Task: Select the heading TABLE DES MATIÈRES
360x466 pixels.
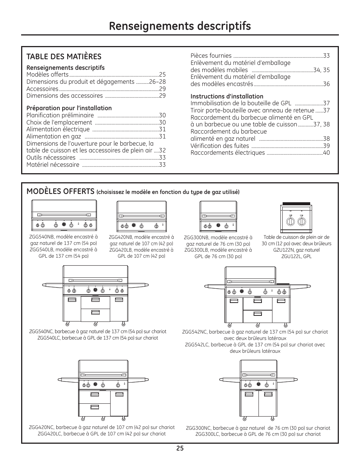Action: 64,57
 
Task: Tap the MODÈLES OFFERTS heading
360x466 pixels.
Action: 60,191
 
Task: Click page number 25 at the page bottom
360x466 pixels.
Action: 180,448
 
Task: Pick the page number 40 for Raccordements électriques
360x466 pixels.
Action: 326,153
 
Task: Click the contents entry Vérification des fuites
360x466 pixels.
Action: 220,146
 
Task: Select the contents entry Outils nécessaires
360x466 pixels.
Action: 51,157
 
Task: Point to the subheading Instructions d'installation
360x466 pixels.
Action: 227,96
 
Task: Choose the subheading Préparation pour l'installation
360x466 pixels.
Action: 69,108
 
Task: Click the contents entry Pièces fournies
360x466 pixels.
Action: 211,55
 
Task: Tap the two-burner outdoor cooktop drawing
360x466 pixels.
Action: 295,218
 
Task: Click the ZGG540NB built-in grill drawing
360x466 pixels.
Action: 64,215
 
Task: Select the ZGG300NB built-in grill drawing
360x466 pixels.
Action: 218,217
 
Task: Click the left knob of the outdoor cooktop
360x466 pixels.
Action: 290,221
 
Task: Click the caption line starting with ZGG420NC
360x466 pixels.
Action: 102,428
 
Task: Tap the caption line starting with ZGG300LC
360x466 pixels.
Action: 258,434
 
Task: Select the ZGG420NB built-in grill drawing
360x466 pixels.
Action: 142,216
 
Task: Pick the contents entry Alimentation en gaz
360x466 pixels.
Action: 54,136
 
